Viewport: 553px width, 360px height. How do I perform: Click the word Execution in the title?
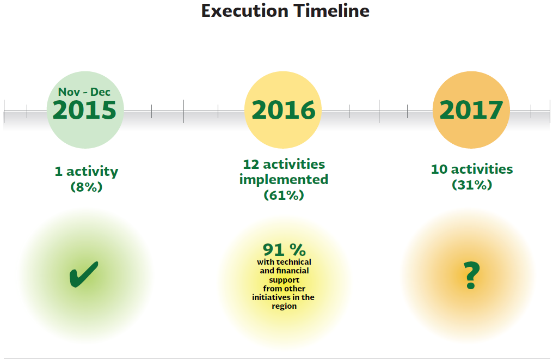[x=245, y=10]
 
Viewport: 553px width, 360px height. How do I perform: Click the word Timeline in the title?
[x=332, y=10]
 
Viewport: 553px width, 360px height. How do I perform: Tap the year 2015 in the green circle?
[x=84, y=110]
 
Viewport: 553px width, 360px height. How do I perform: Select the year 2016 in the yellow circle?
[x=283, y=110]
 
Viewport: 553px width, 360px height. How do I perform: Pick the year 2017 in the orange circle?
[x=471, y=110]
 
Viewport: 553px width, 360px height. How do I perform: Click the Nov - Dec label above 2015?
[x=84, y=91]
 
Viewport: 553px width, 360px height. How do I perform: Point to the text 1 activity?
[x=87, y=171]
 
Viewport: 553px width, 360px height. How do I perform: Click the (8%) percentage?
[x=87, y=187]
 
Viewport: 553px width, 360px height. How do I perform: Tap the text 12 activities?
[x=284, y=164]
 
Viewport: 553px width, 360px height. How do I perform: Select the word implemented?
[x=284, y=180]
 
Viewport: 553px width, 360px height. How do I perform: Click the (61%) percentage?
[x=284, y=195]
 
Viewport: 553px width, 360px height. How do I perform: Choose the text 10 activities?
[x=472, y=169]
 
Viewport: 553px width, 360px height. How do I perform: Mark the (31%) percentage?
[x=472, y=185]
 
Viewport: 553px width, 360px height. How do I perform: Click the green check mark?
[x=84, y=274]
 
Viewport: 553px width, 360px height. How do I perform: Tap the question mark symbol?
[x=471, y=276]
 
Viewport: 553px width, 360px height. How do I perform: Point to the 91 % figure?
[x=284, y=250]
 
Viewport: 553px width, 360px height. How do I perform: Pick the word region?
[x=284, y=306]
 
